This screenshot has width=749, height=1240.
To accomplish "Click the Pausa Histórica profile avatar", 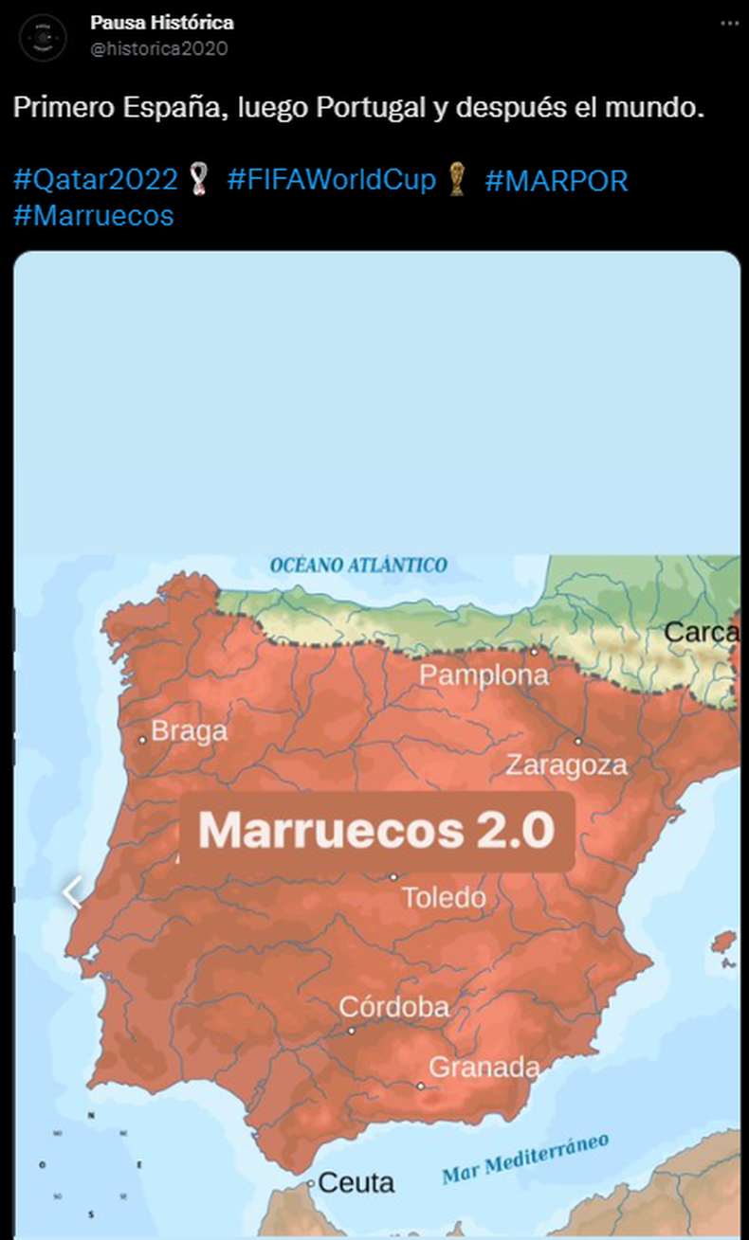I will click(43, 38).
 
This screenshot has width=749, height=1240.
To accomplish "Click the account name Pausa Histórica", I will click(162, 22).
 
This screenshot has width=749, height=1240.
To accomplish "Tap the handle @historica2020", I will click(159, 48).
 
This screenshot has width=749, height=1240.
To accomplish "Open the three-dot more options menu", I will click(728, 22).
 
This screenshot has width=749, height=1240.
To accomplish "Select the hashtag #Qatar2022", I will click(96, 179).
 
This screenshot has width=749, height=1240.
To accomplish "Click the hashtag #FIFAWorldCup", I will click(331, 179).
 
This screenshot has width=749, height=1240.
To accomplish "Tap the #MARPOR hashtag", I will click(557, 179).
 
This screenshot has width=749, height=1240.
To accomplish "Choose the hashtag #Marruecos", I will click(94, 215).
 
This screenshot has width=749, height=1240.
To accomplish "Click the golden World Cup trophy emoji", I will click(459, 179).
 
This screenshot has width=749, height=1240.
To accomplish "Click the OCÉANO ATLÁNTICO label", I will click(358, 566).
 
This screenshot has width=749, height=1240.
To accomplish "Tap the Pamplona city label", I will click(484, 675).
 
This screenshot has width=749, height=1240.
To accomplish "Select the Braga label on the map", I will click(190, 731).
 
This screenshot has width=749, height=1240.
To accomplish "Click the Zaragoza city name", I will click(566, 764).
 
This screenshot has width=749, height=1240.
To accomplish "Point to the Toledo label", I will click(444, 896).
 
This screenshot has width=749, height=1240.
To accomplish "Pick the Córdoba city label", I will click(394, 1006).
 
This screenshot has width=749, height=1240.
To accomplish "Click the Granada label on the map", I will click(484, 1068).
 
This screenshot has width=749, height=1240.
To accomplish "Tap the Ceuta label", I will click(356, 1182).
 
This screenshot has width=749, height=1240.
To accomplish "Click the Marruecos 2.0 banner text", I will click(376, 831).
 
